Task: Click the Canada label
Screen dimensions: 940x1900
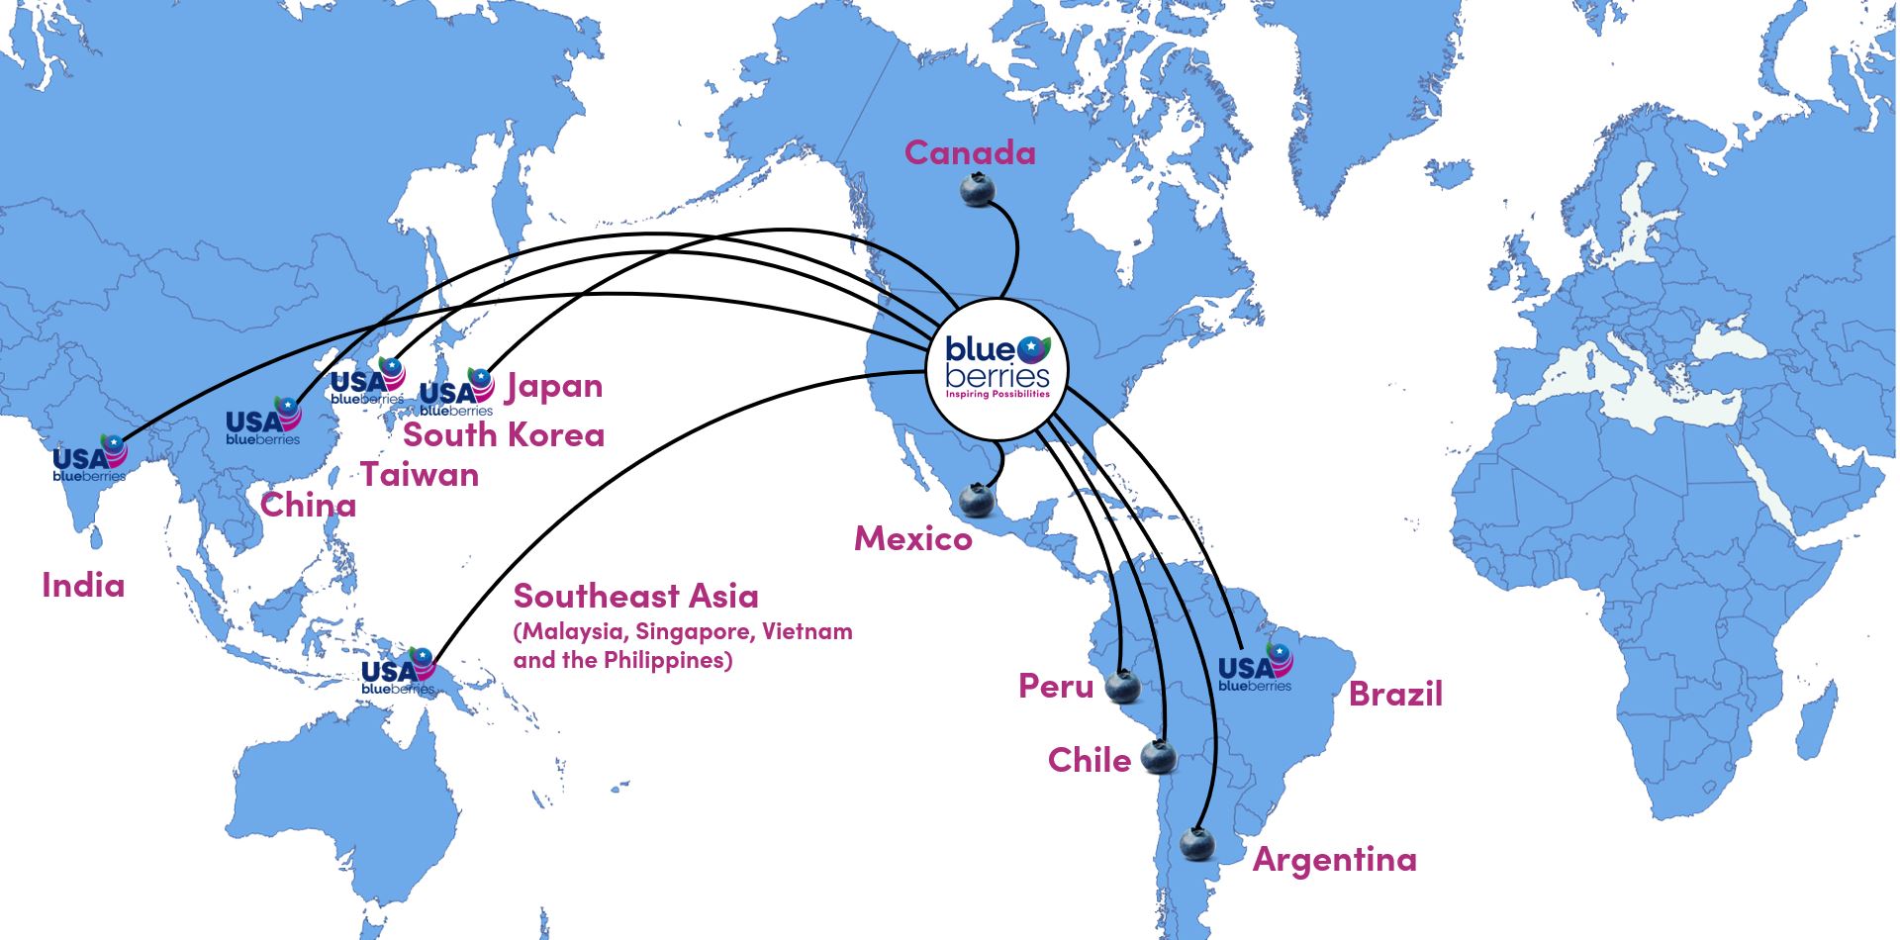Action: pos(970,152)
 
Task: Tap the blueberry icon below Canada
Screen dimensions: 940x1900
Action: pos(978,189)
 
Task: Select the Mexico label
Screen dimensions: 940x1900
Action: pos(912,538)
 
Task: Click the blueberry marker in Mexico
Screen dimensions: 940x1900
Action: pos(977,500)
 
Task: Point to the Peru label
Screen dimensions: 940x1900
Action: pos(1056,686)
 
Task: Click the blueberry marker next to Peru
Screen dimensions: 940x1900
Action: pos(1123,685)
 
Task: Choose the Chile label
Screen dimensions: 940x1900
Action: pos(1089,760)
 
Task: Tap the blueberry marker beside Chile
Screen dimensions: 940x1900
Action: pos(1159,757)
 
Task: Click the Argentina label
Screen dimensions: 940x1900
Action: pos(1334,859)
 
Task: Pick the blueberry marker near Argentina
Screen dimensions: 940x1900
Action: pos(1197,844)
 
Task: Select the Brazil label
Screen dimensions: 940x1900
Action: pos(1395,693)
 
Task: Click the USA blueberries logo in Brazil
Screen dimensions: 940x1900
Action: pos(1255,668)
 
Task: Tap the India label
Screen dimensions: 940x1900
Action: pos(83,585)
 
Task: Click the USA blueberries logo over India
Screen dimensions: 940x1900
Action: pos(89,459)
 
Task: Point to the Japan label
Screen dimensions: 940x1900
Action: pos(554,386)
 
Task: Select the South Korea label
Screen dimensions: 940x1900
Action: pos(504,434)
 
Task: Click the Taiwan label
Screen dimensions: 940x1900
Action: pos(420,475)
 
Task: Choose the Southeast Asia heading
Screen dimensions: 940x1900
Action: pos(635,596)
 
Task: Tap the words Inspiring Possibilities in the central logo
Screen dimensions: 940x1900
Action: pos(997,394)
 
